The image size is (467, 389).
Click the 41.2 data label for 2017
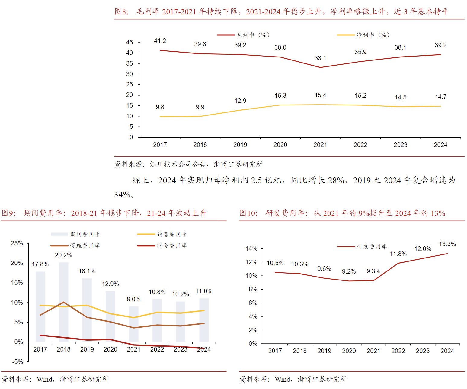(x=160, y=41)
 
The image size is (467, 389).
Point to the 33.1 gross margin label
(x=320, y=58)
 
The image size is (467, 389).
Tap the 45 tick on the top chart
(x=130, y=42)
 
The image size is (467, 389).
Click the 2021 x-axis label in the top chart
(x=320, y=145)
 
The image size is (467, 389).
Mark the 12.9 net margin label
(x=240, y=101)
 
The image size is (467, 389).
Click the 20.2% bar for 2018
(x=64, y=302)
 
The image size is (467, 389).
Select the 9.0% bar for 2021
(x=134, y=324)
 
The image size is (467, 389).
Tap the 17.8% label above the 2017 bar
(x=40, y=264)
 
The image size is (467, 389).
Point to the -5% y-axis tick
(x=18, y=362)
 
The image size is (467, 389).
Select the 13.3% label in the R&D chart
(x=447, y=244)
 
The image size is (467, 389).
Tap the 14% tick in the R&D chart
(x=251, y=248)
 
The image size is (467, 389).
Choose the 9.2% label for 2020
(x=349, y=271)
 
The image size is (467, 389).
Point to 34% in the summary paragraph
(x=122, y=195)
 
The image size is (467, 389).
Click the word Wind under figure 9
(x=45, y=379)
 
